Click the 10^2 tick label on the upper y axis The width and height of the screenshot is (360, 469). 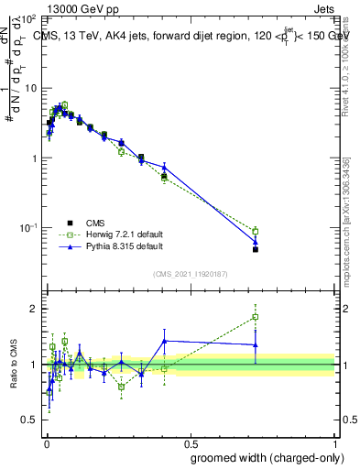click(30, 19)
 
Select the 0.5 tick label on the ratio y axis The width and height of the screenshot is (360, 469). click(33, 420)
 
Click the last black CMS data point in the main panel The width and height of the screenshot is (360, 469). click(256, 249)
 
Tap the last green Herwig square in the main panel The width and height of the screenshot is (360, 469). click(256, 231)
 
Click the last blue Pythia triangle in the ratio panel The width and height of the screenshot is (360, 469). click(256, 345)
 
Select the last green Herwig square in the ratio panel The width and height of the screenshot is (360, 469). click(256, 317)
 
